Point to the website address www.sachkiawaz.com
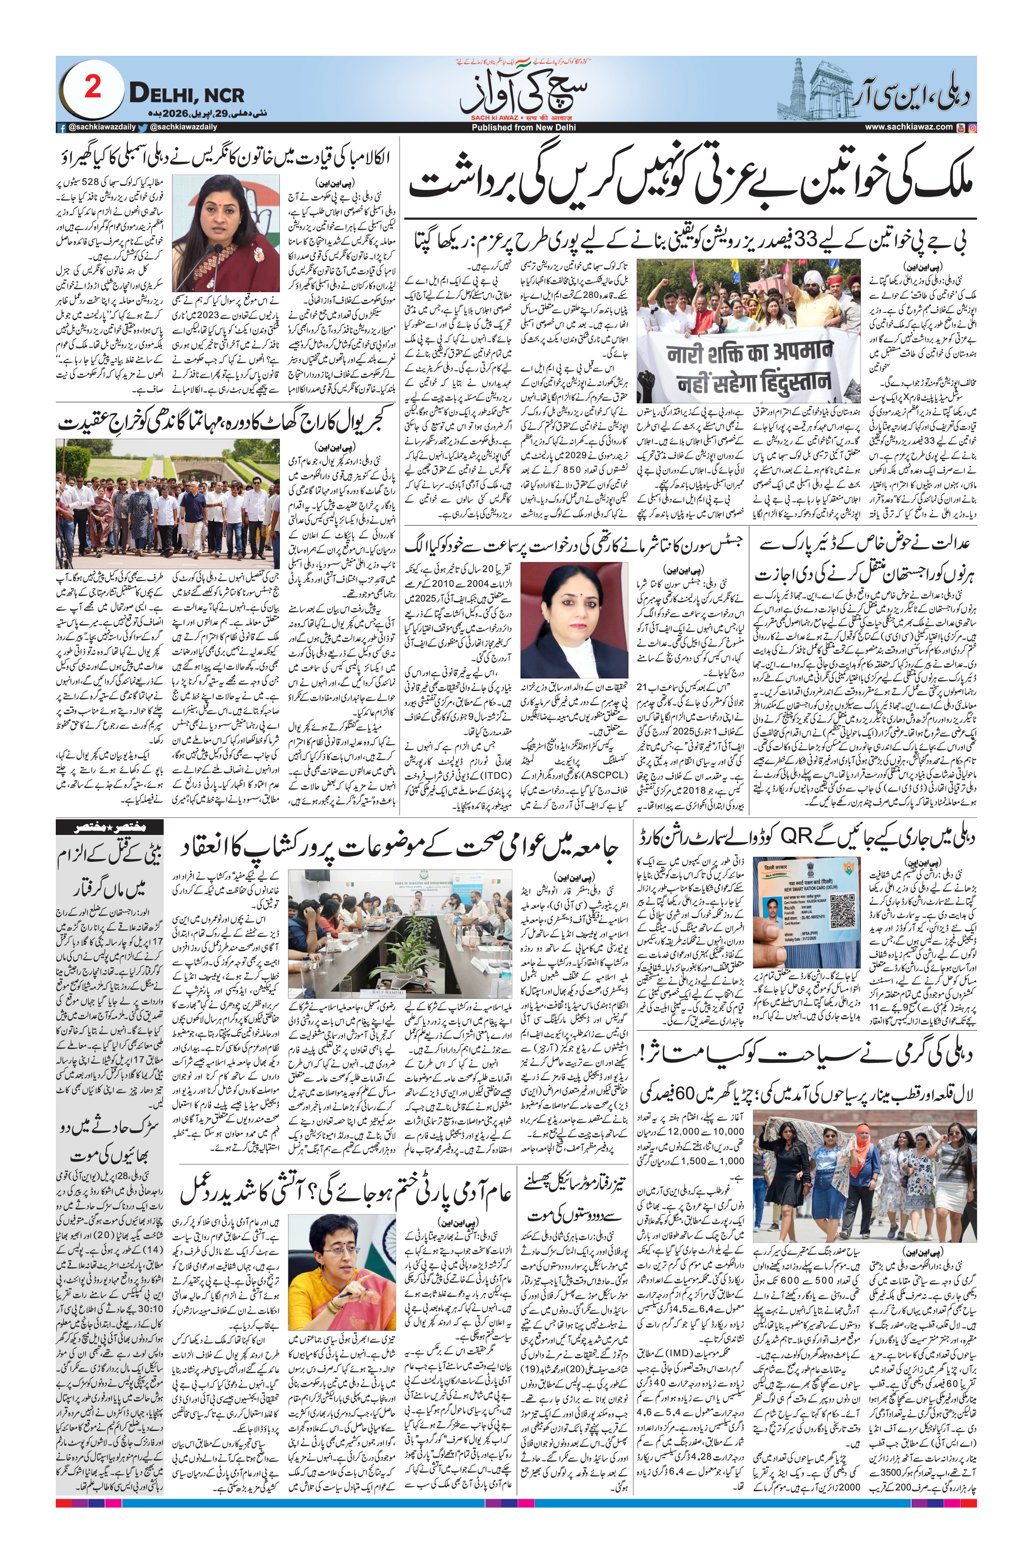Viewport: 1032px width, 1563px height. click(908, 127)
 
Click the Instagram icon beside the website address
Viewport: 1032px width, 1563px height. click(972, 127)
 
